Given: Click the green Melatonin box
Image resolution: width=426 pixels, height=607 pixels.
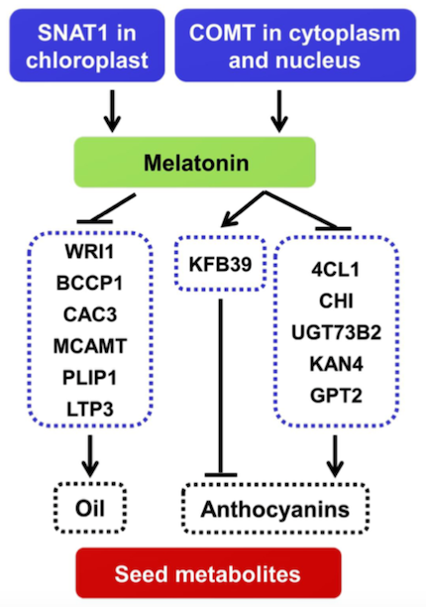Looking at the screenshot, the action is tap(195, 163).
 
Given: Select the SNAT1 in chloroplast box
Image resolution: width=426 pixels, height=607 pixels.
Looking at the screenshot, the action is tap(87, 46).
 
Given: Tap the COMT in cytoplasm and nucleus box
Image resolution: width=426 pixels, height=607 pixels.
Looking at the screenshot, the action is tap(295, 46).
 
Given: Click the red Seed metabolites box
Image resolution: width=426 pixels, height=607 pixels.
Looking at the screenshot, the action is tap(208, 573).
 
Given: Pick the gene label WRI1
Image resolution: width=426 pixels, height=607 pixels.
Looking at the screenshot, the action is tap(90, 252).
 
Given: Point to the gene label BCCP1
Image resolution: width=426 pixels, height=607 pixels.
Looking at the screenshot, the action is tap(90, 283).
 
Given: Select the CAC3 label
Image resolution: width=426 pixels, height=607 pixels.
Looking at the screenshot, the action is tap(90, 314).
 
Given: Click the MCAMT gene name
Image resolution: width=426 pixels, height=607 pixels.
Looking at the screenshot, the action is tap(90, 346).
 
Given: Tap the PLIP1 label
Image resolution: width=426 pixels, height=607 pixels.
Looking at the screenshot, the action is tap(90, 378).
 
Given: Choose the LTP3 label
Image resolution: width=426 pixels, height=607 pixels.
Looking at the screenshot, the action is tap(90, 410).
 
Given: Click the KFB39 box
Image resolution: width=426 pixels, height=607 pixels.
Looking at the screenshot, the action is tap(220, 264).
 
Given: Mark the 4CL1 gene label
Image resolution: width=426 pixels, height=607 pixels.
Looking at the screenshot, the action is tap(336, 270).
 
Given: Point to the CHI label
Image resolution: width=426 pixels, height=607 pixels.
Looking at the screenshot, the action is tap(336, 301).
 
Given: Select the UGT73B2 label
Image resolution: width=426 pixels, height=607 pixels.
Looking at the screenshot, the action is tap(336, 332).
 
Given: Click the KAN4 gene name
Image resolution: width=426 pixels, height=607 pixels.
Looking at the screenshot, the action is tap(336, 364).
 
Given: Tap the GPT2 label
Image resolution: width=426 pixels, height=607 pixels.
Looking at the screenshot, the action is tap(336, 396).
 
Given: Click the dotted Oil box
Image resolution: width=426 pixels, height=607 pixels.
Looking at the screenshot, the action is tap(90, 508).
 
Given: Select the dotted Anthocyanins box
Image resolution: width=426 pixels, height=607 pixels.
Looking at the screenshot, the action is tap(275, 509).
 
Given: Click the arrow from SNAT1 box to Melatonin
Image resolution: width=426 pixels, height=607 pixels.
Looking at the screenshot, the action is tap(112, 111).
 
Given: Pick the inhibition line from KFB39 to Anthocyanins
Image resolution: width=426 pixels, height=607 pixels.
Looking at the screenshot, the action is tap(221, 388).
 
